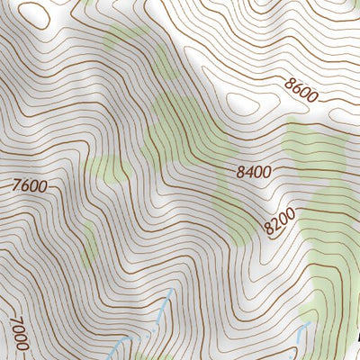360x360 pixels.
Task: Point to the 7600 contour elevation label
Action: tap(30, 187)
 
